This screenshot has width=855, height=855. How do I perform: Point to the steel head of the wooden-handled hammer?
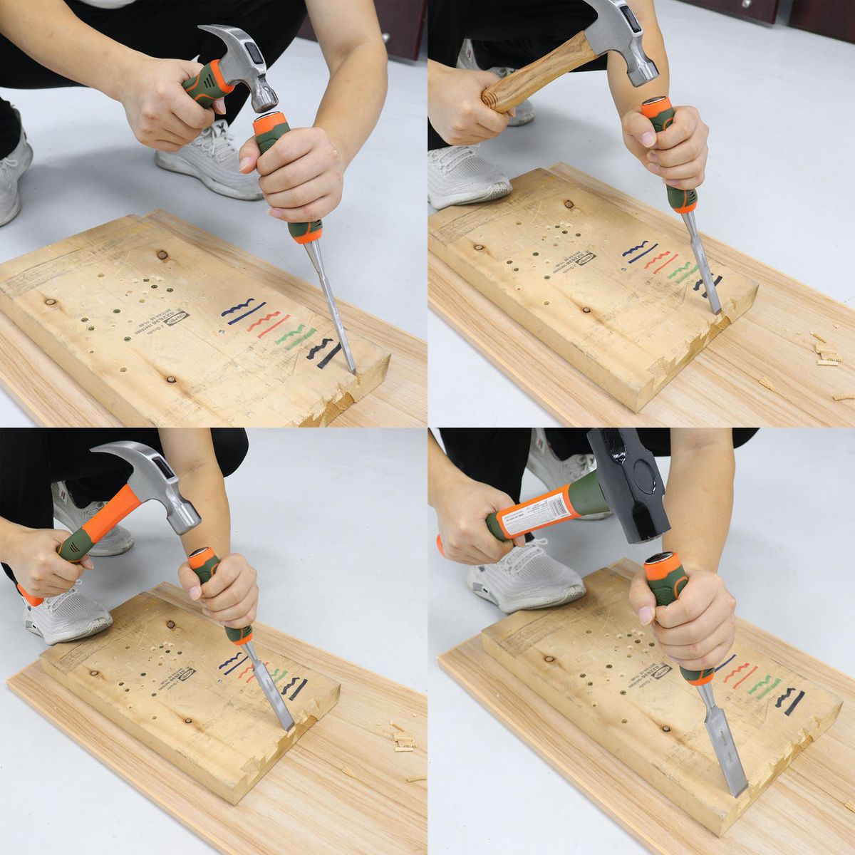tap(626, 43)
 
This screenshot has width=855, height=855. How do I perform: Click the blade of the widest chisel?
tap(722, 748)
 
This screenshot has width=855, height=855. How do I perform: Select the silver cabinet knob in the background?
tap(385, 38)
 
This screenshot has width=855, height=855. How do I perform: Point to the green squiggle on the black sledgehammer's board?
tap(763, 685)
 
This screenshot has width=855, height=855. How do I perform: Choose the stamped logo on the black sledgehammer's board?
tap(658, 671)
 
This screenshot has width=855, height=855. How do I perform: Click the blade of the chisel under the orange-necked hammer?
tap(274, 687)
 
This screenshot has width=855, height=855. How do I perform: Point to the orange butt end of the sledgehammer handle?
tap(439, 545)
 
